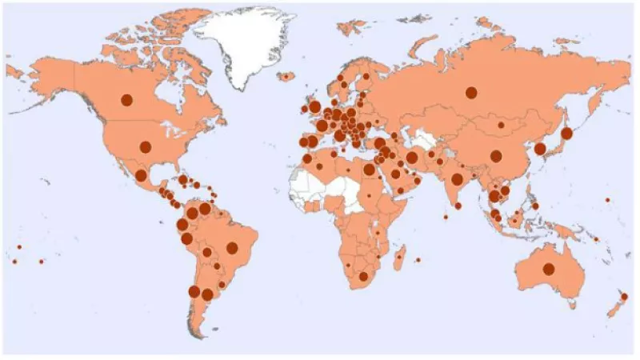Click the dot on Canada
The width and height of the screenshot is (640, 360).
pos(126,100)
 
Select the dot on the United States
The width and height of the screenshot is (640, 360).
pos(146,146)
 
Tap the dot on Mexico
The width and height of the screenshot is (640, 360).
pos(141,175)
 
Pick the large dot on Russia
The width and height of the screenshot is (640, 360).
pos(472,93)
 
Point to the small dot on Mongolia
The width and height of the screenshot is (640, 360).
pos(500,125)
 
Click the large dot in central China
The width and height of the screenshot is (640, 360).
pos(496,156)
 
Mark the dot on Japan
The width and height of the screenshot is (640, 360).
pos(566,134)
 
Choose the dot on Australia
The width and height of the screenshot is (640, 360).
pos(549,269)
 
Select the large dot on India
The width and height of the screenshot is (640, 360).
pos(457,179)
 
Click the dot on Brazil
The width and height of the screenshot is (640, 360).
pos(232,248)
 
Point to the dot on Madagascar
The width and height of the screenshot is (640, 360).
pos(401,258)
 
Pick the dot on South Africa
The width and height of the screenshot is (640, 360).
pos(364,277)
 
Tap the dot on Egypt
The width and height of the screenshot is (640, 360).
pos(369,170)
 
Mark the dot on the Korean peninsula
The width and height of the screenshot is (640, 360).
pos(540,149)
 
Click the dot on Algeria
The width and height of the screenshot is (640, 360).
pos(320,166)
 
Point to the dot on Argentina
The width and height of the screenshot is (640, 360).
pos(207,294)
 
